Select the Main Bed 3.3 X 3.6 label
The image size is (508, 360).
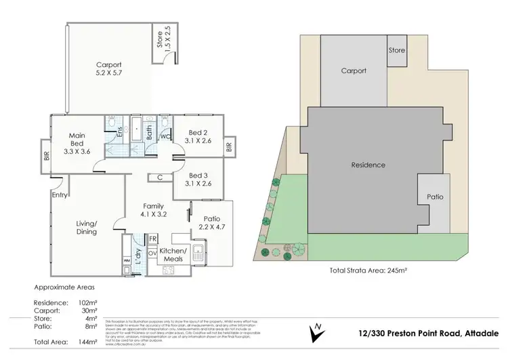(77, 144)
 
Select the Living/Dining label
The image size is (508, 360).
(85, 228)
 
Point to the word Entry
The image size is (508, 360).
(60, 195)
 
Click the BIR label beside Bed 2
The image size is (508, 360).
(229, 146)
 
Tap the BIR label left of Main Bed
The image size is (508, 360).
(46, 148)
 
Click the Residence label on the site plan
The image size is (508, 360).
(368, 165)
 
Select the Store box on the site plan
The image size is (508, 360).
(396, 50)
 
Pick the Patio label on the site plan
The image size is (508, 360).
(435, 197)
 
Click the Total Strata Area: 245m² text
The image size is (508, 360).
(368, 270)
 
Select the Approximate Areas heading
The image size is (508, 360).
(65, 287)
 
